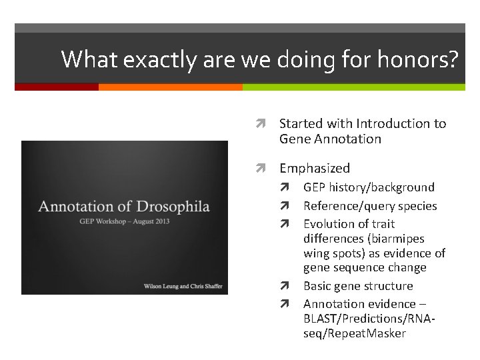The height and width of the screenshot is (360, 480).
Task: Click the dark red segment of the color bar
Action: click(56, 87)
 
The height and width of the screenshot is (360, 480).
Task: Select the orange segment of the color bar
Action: click(170, 87)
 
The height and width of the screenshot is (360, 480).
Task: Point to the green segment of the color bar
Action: click(353, 87)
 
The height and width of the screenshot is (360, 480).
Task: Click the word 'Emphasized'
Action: click(314, 169)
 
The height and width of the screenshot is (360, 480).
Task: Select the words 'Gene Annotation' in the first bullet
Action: click(330, 139)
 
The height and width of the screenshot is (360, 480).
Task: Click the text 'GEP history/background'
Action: click(369, 187)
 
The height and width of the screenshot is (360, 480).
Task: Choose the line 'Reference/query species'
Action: click(370, 206)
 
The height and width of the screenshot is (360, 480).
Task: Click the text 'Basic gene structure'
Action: click(358, 286)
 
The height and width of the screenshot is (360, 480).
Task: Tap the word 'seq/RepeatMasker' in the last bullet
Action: click(354, 333)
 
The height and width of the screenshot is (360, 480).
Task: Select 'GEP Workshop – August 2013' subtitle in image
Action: click(124, 220)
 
